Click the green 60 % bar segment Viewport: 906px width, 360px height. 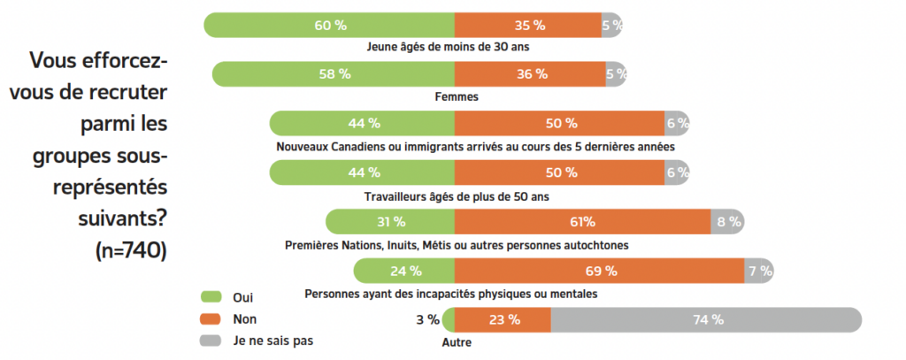click(x=329, y=25)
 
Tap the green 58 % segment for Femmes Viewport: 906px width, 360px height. click(x=334, y=74)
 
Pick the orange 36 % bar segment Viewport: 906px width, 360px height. click(x=530, y=74)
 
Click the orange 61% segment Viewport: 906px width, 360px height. click(x=582, y=222)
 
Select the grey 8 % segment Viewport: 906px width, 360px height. click(x=728, y=222)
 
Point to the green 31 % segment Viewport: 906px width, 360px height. click(x=390, y=222)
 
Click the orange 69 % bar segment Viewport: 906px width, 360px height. click(x=600, y=271)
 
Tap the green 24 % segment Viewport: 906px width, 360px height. click(x=404, y=271)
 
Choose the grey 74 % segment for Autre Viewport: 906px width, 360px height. click(x=706, y=320)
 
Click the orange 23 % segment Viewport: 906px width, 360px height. click(x=503, y=320)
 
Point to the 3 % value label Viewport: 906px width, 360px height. click(x=427, y=320)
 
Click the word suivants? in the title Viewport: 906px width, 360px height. click(x=119, y=219)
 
